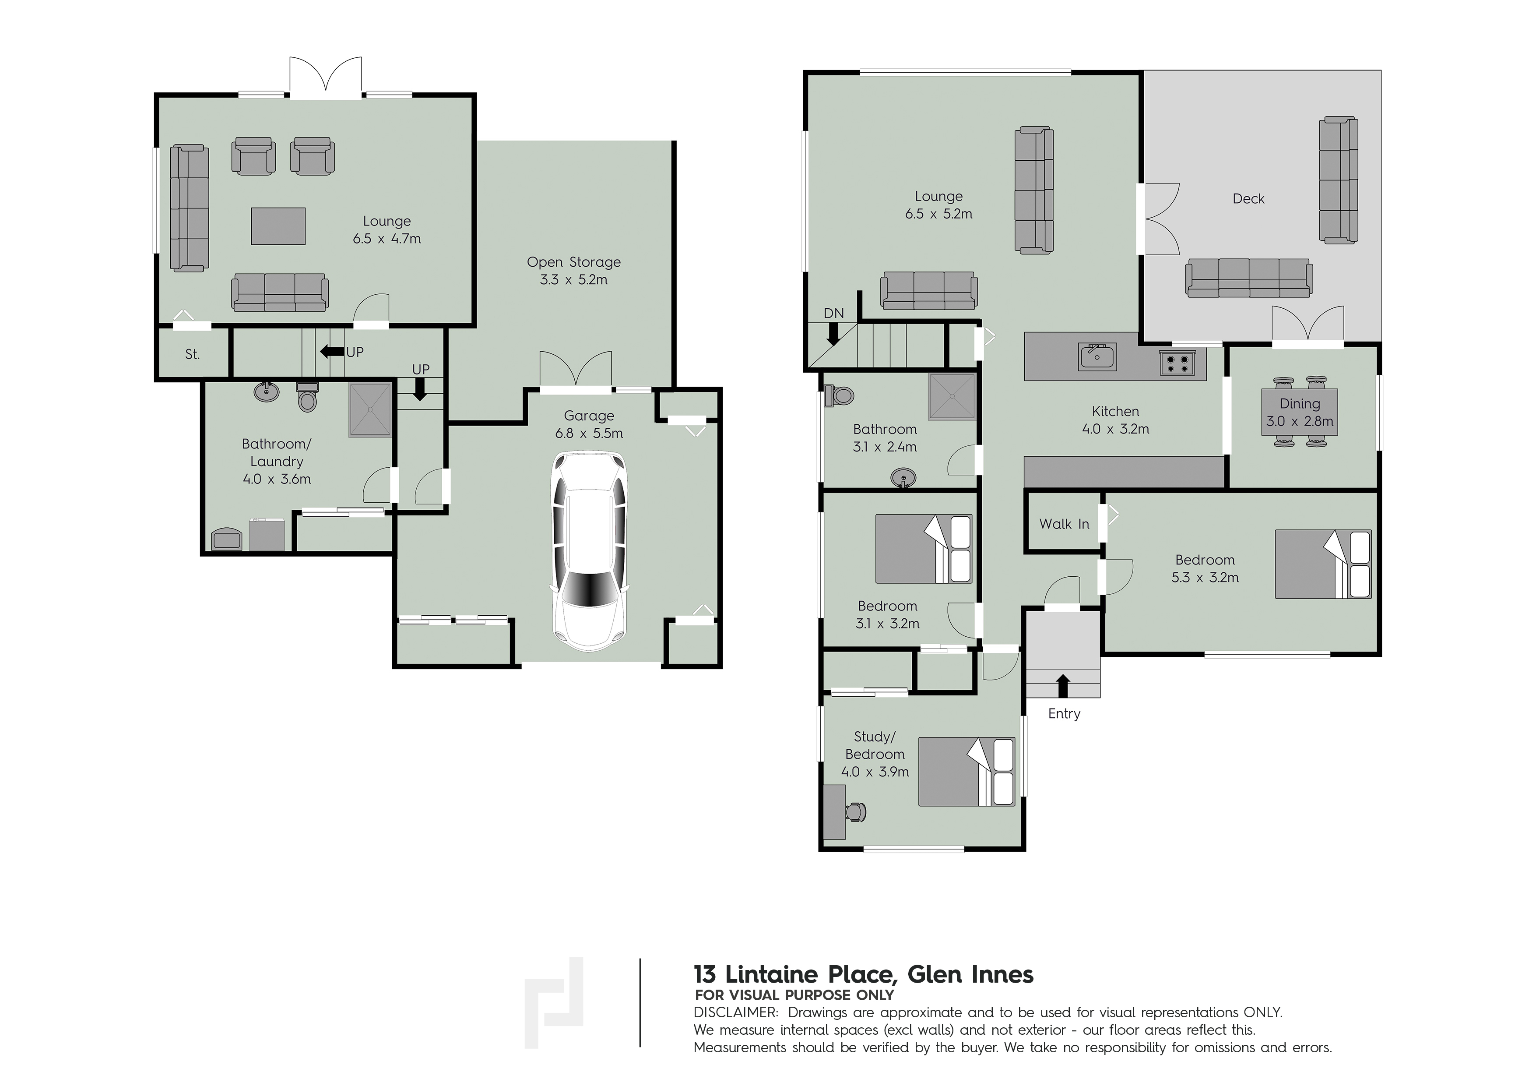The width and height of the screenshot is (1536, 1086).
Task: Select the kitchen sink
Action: (1097, 356)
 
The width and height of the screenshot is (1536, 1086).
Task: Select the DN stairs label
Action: (833, 313)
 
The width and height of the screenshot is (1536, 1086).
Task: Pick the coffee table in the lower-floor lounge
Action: (278, 226)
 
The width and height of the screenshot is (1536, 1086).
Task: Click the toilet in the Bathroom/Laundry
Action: (307, 396)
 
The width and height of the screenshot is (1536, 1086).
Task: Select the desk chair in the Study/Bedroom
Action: (856, 812)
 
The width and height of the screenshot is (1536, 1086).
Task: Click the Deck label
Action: (1248, 199)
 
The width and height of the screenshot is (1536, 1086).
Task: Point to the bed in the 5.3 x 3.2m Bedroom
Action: (1322, 564)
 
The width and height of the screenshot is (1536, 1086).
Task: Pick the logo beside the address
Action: (554, 1002)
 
